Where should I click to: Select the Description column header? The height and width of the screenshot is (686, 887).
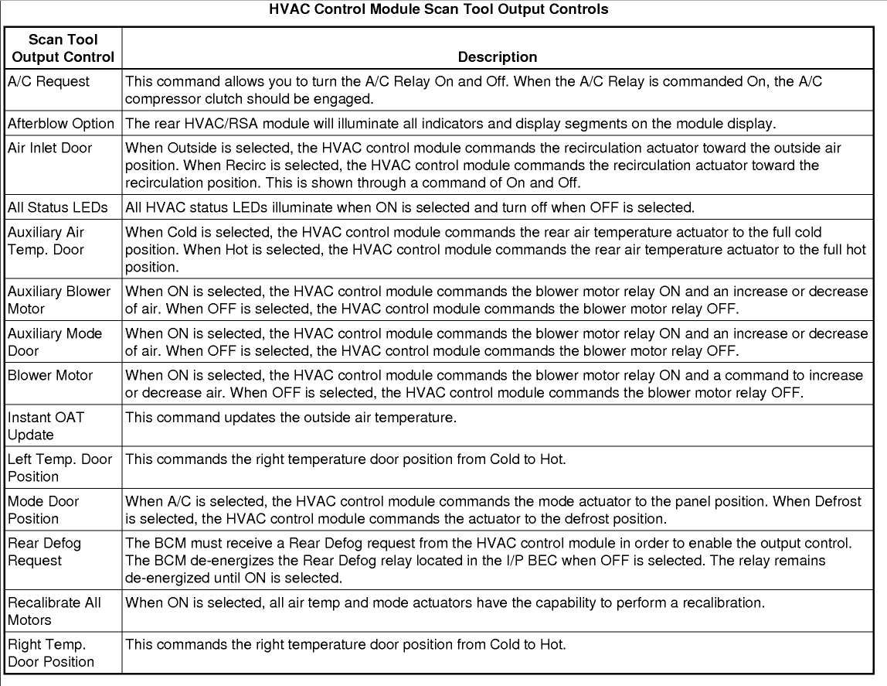[497, 57]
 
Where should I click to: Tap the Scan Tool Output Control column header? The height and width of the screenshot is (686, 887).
[63, 48]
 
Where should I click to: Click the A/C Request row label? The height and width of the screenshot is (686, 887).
[49, 81]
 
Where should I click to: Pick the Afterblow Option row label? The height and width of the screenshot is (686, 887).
[61, 123]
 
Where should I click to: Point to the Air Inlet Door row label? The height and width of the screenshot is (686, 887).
[49, 148]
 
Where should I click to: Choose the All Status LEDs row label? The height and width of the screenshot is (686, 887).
[57, 207]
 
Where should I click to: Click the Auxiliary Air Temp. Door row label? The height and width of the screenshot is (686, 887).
[46, 241]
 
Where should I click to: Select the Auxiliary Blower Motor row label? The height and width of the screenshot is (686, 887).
[59, 300]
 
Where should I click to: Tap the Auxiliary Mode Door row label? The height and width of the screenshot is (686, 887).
[55, 342]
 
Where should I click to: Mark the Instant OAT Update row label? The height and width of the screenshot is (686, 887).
[46, 425]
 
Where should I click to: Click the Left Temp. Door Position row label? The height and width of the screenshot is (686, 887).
[59, 467]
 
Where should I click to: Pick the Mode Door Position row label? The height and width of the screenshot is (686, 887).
[44, 509]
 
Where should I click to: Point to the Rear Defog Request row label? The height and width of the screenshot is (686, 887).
[45, 551]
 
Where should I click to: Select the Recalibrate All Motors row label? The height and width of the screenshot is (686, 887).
[54, 611]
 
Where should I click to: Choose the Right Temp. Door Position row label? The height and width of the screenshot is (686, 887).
[51, 653]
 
